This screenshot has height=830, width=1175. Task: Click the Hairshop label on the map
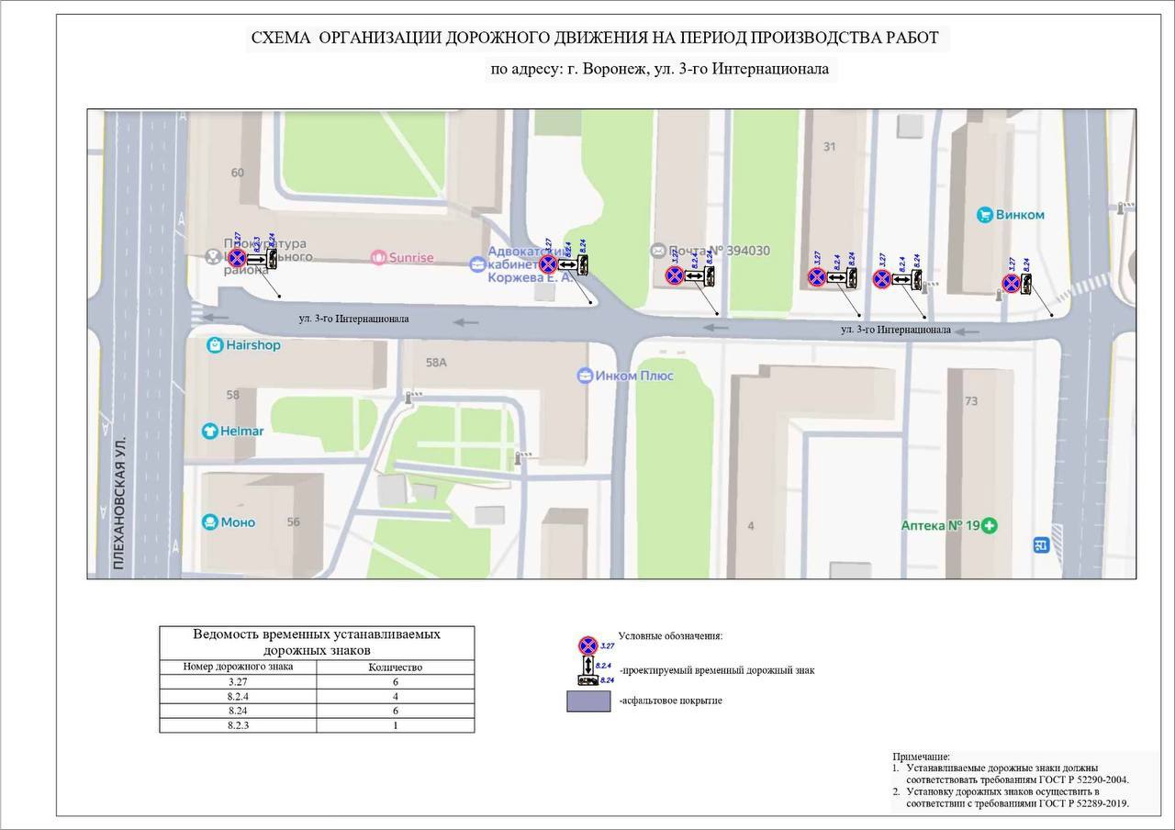point(244,345)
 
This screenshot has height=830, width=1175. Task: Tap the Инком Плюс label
point(625,376)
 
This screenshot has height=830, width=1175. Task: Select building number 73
point(971,400)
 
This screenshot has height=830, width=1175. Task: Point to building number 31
point(830,147)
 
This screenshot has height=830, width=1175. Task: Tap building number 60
point(238,173)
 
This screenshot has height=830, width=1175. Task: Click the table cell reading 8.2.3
point(238,724)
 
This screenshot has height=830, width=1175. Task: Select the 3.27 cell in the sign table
point(238,682)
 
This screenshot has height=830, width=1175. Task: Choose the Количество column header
point(395,667)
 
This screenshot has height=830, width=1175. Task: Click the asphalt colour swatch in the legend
point(587,701)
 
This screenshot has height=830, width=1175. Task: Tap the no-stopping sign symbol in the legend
point(587,645)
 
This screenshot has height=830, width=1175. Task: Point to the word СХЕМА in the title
point(281,38)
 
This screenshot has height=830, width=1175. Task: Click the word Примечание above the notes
point(922,757)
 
